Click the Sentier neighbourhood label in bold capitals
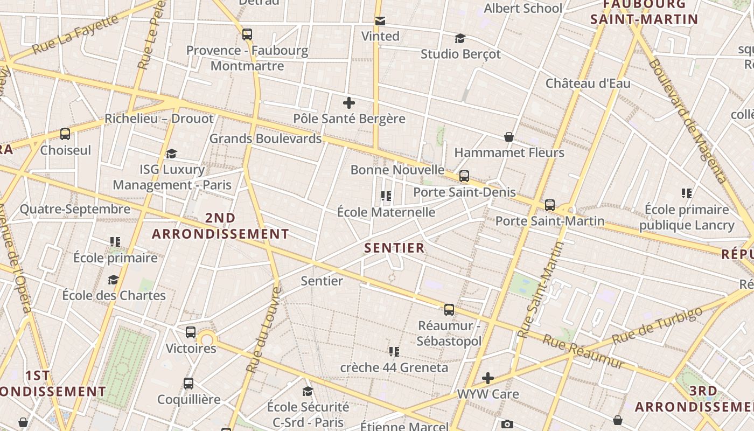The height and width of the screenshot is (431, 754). point(395,248)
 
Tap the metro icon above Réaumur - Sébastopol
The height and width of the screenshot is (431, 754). point(449,310)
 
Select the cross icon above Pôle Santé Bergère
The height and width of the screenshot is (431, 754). point(349,102)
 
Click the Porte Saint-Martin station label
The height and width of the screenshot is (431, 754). point(550,221)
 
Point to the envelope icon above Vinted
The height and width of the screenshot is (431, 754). point(380,21)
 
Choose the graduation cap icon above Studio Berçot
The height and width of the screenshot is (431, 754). point(460,39)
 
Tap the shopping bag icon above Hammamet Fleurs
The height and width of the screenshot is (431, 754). point(508,137)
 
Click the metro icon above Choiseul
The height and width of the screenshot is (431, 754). point(65,134)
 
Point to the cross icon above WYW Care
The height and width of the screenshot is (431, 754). point(488,378)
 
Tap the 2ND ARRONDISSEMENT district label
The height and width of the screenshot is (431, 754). point(220,226)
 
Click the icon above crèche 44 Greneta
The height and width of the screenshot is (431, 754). point(394,352)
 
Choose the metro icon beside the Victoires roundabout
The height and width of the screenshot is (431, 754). point(191,332)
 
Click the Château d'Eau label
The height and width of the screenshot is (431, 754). point(588,84)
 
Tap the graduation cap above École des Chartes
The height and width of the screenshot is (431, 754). point(113,280)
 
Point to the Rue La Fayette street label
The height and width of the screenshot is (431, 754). point(75,34)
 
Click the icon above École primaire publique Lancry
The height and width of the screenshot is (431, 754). point(687,193)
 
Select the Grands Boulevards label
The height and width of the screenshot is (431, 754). point(265,138)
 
